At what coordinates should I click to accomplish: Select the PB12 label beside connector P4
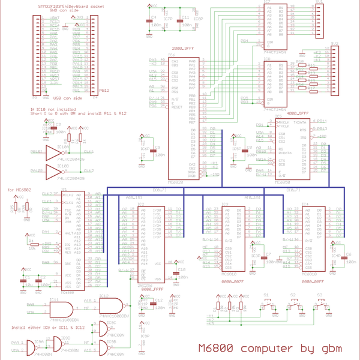click(x=103, y=91)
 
